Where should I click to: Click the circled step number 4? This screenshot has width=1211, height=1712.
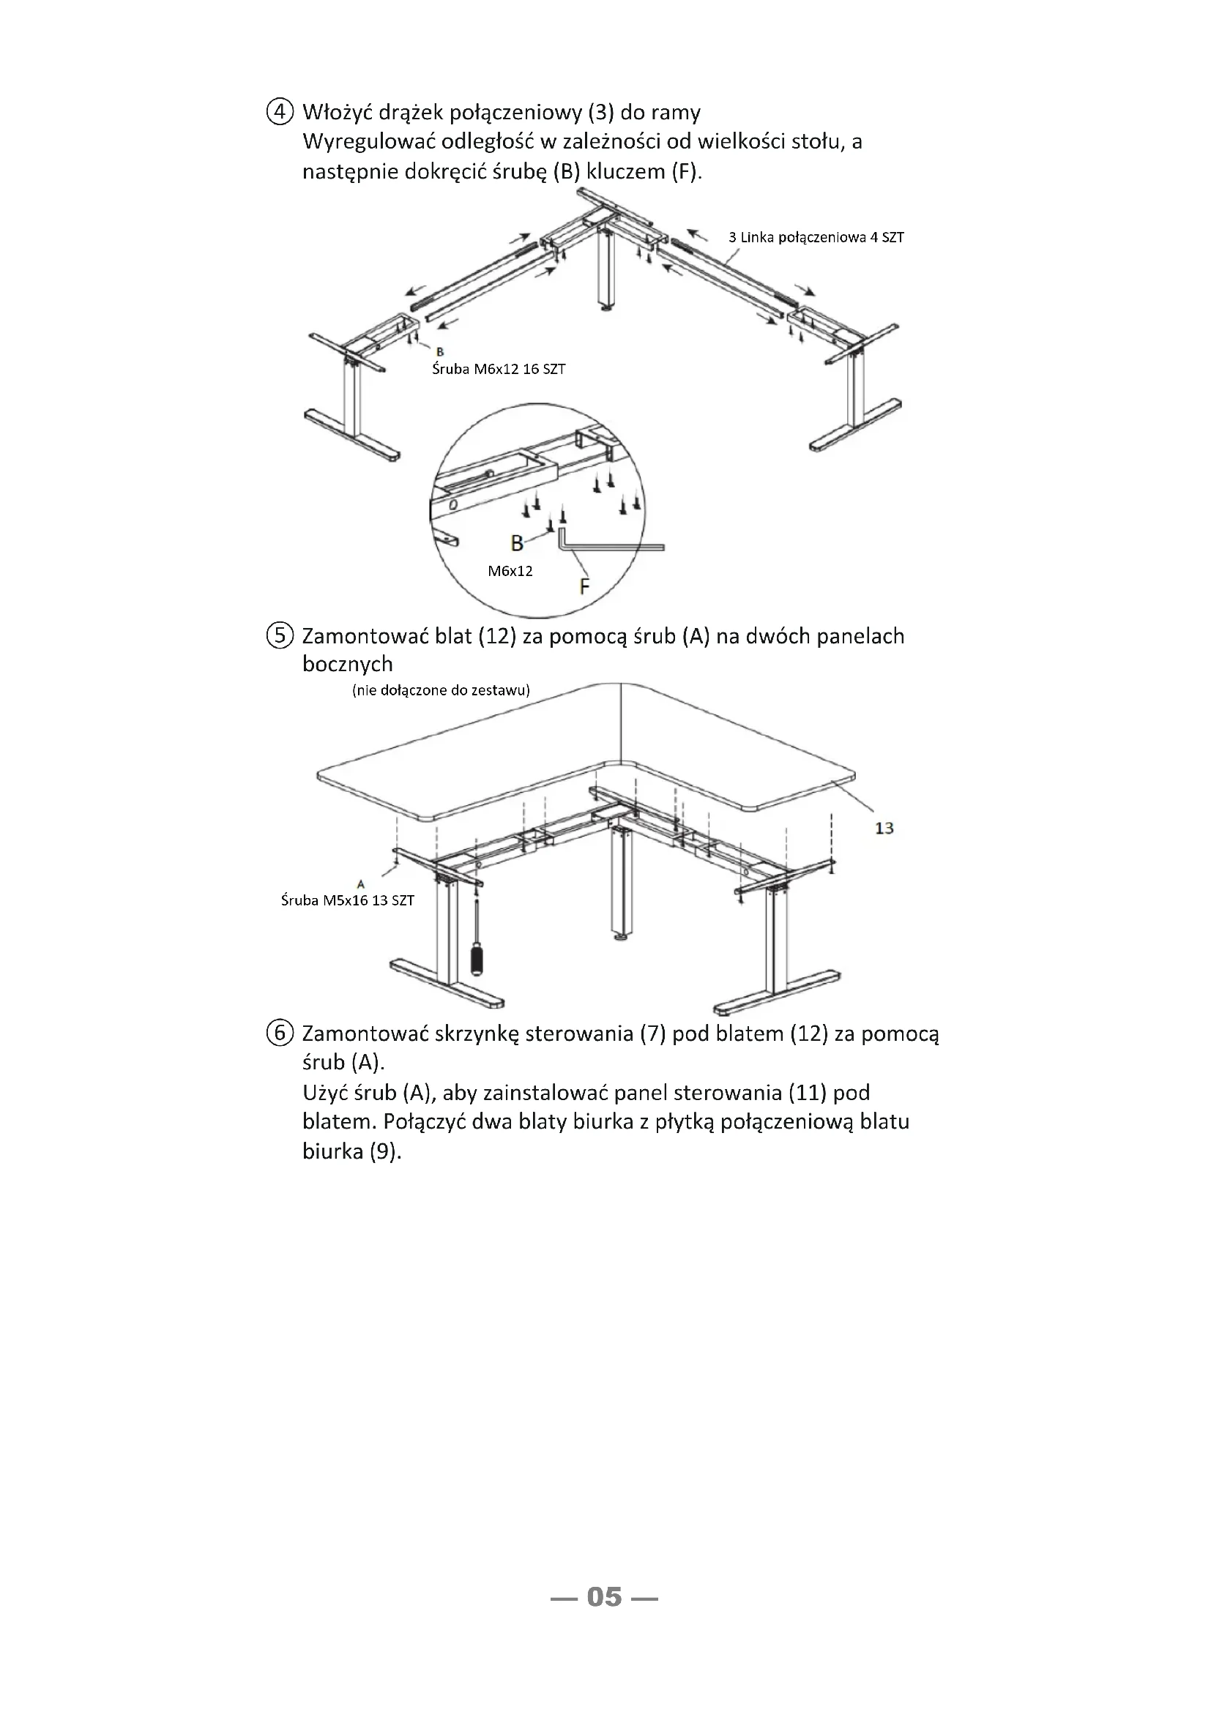[279, 113]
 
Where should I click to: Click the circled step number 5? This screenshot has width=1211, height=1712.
[279, 636]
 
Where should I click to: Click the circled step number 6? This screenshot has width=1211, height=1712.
[279, 1033]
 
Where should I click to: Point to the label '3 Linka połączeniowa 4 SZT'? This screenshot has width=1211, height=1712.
[816, 238]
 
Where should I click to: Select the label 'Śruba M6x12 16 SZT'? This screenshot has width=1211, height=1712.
[498, 369]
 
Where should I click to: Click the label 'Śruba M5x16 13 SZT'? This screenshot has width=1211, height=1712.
[348, 900]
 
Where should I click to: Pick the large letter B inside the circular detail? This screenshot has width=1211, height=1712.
[517, 543]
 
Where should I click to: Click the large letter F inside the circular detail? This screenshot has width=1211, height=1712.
[584, 587]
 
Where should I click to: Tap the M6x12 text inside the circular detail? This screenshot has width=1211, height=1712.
[510, 571]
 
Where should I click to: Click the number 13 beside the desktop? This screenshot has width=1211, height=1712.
[884, 828]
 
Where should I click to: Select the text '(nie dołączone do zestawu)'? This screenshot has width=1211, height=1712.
[441, 689]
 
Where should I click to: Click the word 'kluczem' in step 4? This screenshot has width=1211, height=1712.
[625, 171]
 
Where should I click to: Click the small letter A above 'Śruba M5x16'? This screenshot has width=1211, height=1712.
[361, 884]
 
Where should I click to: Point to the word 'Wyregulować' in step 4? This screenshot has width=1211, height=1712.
[368, 142]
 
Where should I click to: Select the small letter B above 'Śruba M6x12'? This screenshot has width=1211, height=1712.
[440, 352]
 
